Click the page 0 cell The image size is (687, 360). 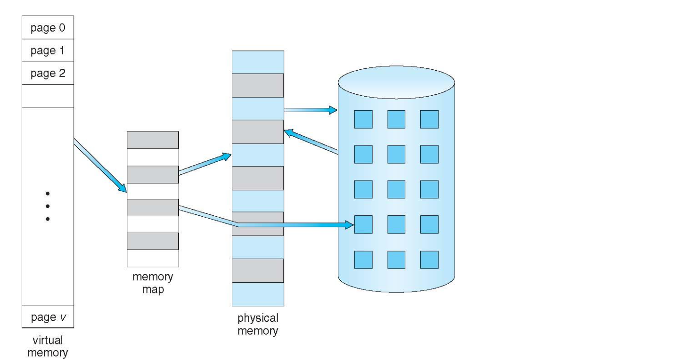(48, 27)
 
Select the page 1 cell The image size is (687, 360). (48, 50)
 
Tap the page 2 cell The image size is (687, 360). (48, 73)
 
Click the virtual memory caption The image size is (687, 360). (48, 346)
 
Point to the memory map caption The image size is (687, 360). (153, 283)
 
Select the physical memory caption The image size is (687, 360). (258, 324)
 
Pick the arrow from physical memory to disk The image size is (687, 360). (310, 110)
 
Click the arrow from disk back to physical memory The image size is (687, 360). (311, 142)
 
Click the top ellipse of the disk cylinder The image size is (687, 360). (396, 82)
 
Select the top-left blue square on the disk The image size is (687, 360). (363, 119)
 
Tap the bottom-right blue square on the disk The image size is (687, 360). (429, 259)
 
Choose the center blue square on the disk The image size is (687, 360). (396, 189)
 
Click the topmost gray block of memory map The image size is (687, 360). (153, 140)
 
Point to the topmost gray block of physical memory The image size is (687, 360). (258, 85)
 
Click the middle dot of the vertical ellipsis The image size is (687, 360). (48, 206)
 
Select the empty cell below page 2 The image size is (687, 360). (48, 96)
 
